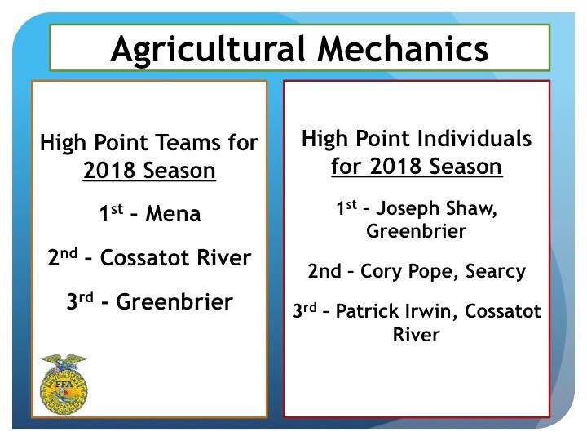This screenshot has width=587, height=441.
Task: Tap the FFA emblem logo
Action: tap(64, 382)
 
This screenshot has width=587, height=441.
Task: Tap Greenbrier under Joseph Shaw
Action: tap(416, 231)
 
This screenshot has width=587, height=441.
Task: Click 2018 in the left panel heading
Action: tap(109, 172)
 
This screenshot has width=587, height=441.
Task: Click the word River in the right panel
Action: tap(416, 335)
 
